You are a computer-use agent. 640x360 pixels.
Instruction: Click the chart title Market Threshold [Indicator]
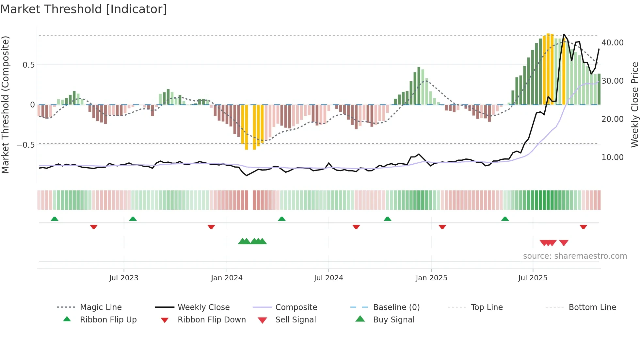click(84, 9)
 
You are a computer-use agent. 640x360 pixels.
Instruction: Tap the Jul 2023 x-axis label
click(124, 278)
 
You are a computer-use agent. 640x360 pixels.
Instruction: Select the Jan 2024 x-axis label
click(227, 278)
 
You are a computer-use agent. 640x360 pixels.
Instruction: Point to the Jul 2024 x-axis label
click(328, 278)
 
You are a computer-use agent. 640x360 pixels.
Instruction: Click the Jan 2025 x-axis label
click(431, 278)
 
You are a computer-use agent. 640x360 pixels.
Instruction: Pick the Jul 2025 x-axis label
click(533, 278)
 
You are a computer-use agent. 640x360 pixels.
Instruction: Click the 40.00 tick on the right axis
click(612, 43)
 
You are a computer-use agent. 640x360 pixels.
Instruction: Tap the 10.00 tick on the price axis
click(612, 157)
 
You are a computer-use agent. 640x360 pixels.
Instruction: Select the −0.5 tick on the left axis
click(26, 145)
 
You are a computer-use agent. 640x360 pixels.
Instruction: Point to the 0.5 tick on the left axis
click(29, 65)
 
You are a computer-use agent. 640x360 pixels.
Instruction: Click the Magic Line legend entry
click(101, 307)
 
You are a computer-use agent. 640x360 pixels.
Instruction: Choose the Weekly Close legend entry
click(203, 307)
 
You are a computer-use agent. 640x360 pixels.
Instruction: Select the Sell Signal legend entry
click(296, 320)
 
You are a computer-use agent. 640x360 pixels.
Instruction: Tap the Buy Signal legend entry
click(393, 320)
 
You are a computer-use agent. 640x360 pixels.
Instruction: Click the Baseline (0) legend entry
click(396, 307)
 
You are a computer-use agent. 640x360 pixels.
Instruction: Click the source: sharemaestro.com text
click(575, 256)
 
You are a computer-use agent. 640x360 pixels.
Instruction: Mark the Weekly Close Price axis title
click(634, 105)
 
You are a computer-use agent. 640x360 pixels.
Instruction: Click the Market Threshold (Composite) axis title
click(5, 105)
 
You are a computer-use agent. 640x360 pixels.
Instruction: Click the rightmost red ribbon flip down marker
click(583, 227)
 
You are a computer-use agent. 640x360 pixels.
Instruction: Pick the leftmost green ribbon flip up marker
click(55, 219)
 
